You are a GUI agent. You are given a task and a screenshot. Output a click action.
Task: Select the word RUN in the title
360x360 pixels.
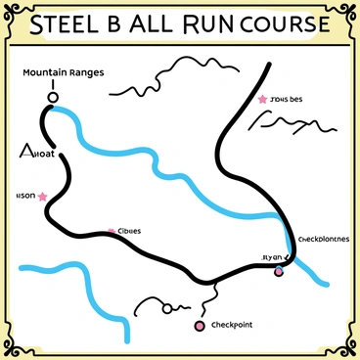point(203,26)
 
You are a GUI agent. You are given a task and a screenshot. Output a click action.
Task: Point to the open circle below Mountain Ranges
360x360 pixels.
point(53,96)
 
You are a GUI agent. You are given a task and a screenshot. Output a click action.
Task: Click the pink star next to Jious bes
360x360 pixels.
point(262,99)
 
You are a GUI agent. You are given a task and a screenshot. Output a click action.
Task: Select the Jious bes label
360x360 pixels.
point(288,99)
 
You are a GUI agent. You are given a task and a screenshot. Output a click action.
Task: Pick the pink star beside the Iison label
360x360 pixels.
point(43,197)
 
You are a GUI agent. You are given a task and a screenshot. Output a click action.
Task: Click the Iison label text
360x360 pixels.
point(23,196)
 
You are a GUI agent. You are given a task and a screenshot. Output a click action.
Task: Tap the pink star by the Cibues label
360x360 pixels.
point(112,231)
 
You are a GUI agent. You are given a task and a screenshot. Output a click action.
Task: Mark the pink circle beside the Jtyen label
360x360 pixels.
point(278,270)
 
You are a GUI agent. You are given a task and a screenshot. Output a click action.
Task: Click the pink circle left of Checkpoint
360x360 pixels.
point(200,325)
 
